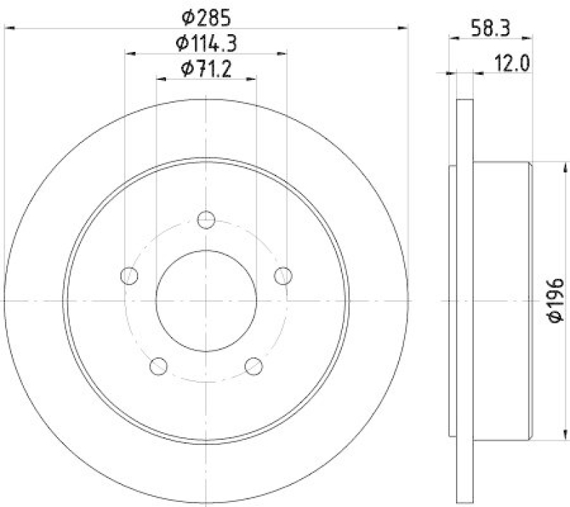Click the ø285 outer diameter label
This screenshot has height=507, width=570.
pos(206,16)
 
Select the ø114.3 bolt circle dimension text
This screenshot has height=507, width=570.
pos(206,42)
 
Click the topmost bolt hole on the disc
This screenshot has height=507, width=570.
pos(206,220)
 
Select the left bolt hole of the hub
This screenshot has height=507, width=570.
pos(129,275)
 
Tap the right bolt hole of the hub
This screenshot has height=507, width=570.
pos(284,275)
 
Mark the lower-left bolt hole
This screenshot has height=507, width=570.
pos(158,366)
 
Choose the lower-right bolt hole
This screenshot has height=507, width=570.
pos(254,366)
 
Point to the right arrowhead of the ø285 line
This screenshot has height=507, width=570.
pos(403,29)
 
